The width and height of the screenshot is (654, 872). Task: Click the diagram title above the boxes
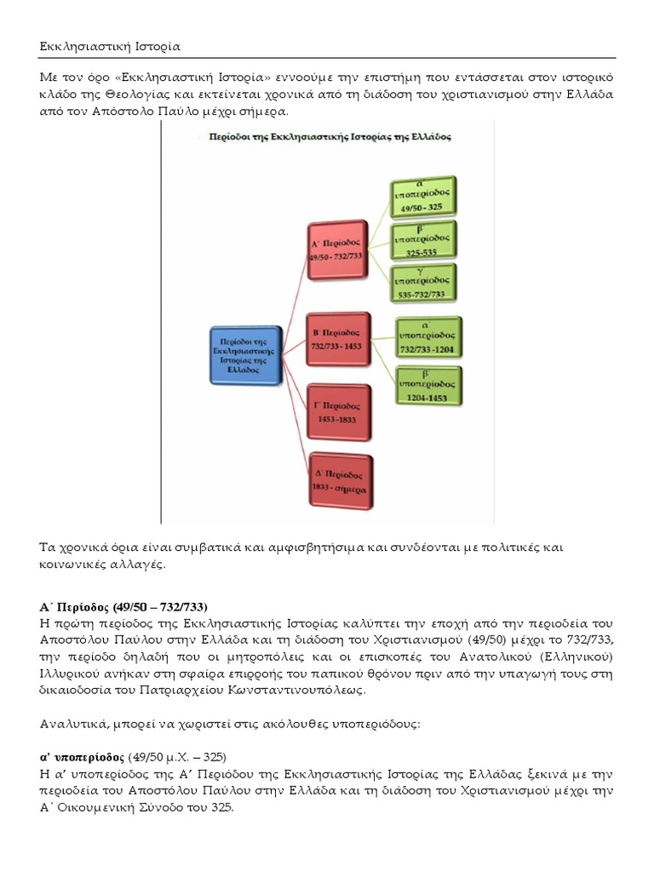point(330,136)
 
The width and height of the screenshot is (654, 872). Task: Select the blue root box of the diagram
point(245,352)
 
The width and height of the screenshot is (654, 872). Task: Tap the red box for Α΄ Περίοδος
point(340,252)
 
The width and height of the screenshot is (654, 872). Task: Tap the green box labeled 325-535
point(423,242)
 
